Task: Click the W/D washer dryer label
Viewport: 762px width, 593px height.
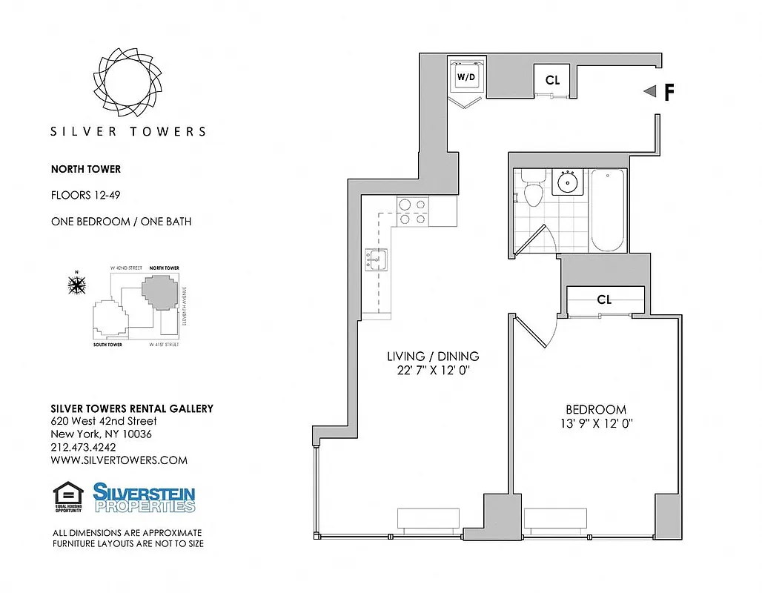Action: tap(466, 77)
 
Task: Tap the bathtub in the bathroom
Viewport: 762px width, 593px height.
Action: tap(609, 211)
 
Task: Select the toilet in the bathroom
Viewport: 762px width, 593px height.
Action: tap(532, 189)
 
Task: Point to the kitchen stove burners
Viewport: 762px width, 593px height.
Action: tap(411, 211)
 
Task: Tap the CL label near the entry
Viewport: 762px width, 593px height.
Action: tap(552, 80)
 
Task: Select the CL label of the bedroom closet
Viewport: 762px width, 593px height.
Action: tap(604, 299)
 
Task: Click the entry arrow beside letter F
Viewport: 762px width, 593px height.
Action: tap(650, 91)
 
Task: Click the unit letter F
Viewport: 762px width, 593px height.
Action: tap(669, 92)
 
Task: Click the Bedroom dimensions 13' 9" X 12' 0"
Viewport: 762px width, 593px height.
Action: tap(596, 424)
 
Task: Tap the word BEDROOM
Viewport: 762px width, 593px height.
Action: tap(596, 409)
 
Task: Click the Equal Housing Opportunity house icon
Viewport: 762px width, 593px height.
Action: tap(67, 497)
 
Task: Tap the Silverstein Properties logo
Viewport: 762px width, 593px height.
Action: tap(144, 497)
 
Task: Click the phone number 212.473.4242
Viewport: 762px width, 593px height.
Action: tap(83, 447)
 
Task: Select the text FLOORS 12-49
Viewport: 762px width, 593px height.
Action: tap(85, 196)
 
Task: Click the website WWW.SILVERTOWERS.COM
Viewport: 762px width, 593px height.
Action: tap(119, 460)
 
